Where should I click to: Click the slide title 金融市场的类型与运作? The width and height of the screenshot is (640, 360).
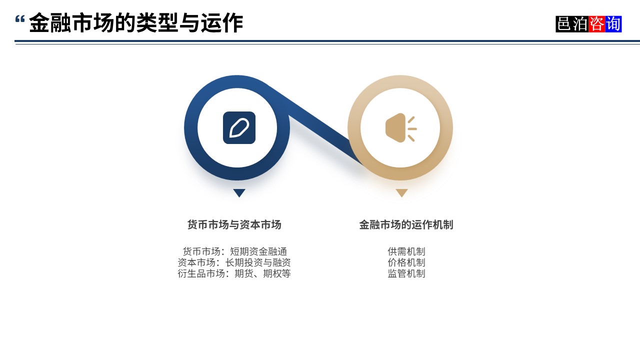(136, 23)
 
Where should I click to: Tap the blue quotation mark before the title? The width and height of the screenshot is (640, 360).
(20, 20)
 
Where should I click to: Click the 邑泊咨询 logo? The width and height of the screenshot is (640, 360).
(588, 24)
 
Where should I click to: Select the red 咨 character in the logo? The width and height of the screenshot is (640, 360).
(596, 24)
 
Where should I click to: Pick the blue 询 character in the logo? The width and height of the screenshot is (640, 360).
(613, 24)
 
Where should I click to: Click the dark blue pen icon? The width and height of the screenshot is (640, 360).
(239, 127)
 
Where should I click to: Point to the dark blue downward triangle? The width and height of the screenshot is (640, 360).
(239, 192)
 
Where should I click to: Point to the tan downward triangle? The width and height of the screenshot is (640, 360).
(401, 192)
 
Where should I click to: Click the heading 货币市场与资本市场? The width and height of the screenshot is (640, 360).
(234, 225)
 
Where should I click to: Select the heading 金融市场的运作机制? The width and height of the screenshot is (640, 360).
(406, 225)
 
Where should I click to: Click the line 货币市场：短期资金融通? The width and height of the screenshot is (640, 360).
(234, 251)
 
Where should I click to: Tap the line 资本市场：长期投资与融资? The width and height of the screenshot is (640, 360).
(234, 262)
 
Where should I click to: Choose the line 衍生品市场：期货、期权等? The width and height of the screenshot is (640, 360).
(234, 273)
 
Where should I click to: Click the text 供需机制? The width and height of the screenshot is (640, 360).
(406, 251)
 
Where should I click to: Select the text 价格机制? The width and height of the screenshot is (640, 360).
(406, 262)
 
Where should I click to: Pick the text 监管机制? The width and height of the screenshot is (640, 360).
(406, 273)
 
